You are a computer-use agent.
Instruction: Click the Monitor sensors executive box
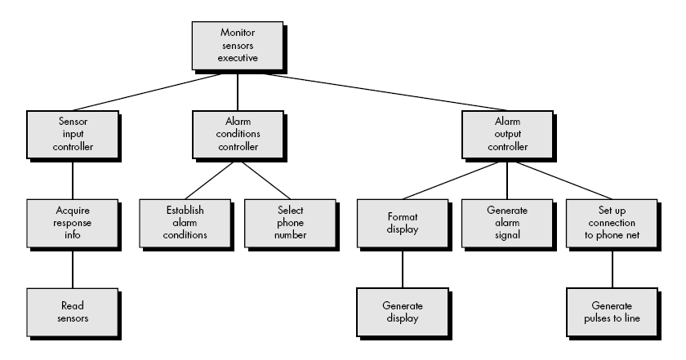point(237,46)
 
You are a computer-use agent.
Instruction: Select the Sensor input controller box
point(72,135)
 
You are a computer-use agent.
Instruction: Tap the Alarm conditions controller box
point(237,135)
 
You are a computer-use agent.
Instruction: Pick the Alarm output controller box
point(506,135)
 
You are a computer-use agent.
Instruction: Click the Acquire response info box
point(72,222)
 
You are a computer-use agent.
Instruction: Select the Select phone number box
point(290,222)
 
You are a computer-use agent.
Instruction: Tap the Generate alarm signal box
point(506,222)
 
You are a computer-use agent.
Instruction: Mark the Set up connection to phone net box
point(612,222)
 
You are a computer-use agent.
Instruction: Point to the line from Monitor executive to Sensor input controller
point(147,92)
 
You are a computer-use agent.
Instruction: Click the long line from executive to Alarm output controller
point(367,92)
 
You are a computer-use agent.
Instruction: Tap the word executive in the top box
point(238,58)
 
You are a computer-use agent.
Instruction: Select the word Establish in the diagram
point(183,210)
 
